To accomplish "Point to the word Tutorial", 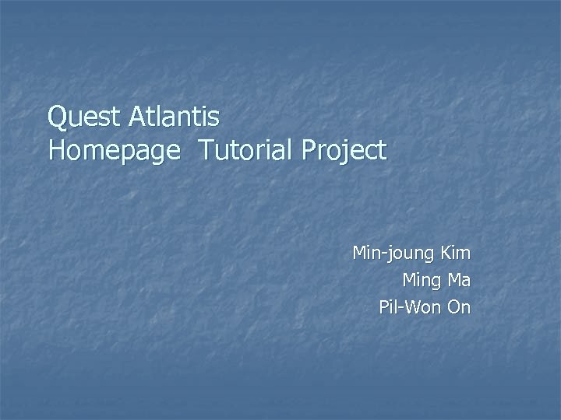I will tap(249, 149).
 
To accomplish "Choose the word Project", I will tap(347, 150).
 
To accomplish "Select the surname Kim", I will tap(456, 253).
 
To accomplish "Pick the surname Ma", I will tap(460, 280).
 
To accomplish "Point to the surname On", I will tap(460, 307).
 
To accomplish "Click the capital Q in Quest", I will tap(57, 118).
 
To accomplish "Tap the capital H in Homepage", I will tap(57, 149).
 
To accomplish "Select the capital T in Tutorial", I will tap(206, 149).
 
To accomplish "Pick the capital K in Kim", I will tap(446, 253).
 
